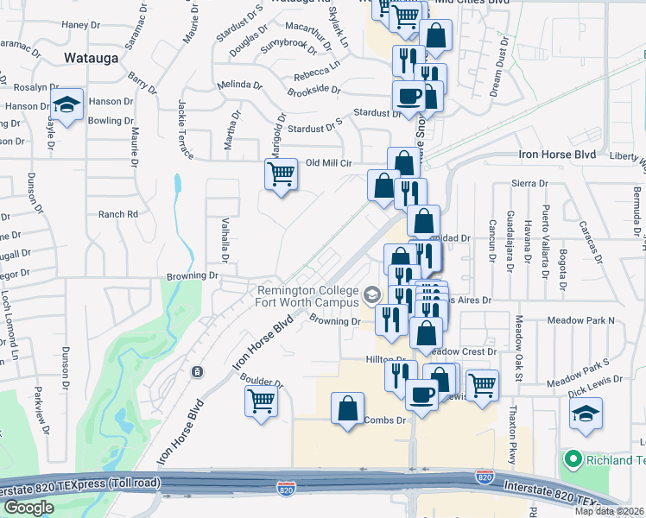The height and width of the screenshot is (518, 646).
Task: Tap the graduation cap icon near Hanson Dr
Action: (66, 105)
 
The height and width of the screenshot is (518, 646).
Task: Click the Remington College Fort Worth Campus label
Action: (307, 296)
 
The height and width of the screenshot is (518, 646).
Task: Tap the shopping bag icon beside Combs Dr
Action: (347, 409)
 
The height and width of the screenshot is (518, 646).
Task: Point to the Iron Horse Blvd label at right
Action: (557, 154)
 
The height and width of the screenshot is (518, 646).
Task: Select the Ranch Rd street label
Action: (118, 214)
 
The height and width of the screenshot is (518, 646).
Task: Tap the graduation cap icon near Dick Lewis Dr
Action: (586, 414)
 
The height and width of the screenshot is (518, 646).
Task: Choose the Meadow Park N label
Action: (581, 320)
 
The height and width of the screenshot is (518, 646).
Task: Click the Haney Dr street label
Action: (81, 25)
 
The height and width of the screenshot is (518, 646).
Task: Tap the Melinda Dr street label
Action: (239, 85)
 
